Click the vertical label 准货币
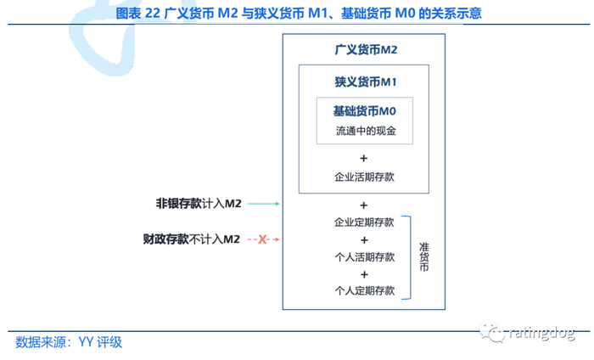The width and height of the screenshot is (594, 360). click(x=424, y=256)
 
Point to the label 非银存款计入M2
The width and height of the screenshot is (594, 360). click(x=199, y=204)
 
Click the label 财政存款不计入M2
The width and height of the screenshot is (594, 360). click(x=192, y=240)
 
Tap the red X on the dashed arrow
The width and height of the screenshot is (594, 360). click(x=262, y=240)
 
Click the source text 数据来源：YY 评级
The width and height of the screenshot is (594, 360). click(x=69, y=342)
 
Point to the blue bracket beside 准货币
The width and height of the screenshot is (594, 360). click(x=409, y=256)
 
